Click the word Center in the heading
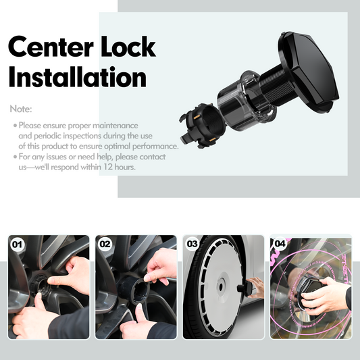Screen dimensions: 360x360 [51, 47]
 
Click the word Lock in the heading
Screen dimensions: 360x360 [128, 46]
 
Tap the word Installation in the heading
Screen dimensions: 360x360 [78, 77]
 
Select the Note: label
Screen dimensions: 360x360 [21, 109]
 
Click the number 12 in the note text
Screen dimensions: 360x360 [107, 167]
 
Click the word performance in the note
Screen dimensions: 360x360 [155, 147]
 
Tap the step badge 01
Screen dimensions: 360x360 [17, 245]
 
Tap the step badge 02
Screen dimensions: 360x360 [105, 244]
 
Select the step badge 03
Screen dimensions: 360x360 [192, 244]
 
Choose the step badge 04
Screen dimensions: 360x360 [280, 243]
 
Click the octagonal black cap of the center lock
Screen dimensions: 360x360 [309, 70]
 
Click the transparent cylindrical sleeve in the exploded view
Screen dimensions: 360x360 [246, 101]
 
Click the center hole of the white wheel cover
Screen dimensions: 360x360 [221, 286]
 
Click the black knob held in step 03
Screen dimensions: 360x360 [245, 288]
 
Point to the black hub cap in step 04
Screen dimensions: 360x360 [309, 288]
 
